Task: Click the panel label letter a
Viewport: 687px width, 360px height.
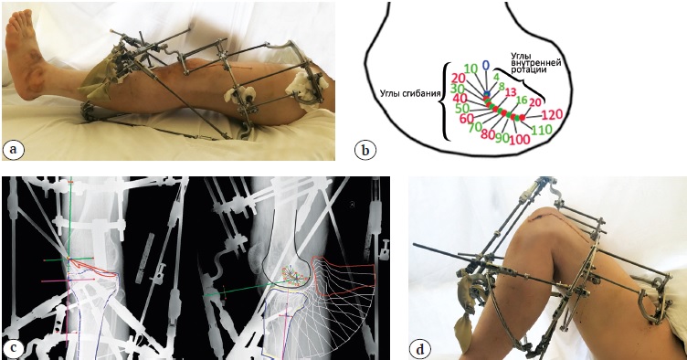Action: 14,150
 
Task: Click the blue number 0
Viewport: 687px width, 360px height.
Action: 485,66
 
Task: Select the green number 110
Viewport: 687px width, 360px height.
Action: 542,130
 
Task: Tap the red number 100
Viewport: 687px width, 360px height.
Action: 520,140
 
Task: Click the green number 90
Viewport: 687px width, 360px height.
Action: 502,138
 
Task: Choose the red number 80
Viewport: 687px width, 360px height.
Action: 488,133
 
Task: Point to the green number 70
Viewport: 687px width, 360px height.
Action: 474,127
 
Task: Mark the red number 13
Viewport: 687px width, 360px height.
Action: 510,92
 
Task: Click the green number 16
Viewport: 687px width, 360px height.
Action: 522,100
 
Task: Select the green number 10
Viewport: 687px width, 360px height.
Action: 470,69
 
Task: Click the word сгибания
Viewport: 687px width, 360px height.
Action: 419,94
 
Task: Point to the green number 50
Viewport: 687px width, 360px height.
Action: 462,108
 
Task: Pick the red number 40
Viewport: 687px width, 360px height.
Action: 460,99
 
